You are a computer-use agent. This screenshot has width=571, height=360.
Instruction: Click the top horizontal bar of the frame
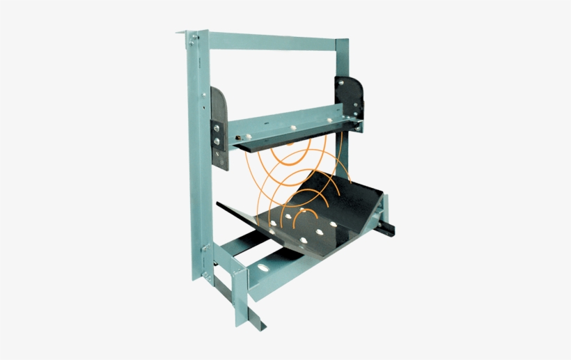[x=272, y=40]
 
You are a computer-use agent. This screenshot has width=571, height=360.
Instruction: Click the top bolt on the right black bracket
[x=354, y=88]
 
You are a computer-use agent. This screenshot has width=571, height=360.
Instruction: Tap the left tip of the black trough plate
[x=220, y=205]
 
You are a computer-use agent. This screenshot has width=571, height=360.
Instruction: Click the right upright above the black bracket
[x=342, y=59]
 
